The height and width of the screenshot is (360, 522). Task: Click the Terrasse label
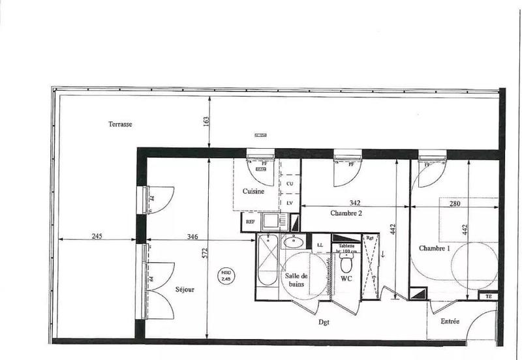coord(121,123)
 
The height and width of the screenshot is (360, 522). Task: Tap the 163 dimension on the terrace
coord(206,122)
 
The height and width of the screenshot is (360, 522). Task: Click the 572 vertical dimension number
coord(204,254)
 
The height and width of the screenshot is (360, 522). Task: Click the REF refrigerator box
coord(249,222)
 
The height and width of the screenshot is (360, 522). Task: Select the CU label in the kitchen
coord(289,184)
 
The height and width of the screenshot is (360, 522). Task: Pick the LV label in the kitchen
coord(289,203)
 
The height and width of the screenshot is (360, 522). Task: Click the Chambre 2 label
coord(346,213)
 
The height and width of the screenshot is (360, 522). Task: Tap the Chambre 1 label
coord(434,248)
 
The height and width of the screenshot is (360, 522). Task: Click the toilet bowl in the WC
coord(345,265)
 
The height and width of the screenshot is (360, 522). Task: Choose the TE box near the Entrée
coord(488,296)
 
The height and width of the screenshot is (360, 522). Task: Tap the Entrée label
coord(450,321)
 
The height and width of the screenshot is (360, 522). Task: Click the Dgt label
coord(323,321)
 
